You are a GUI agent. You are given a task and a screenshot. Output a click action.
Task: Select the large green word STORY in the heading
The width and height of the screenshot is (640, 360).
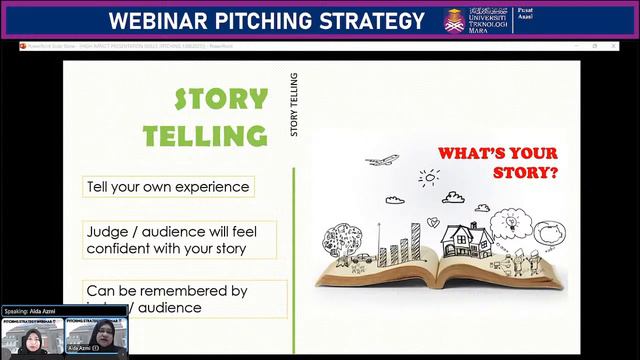point(221,100)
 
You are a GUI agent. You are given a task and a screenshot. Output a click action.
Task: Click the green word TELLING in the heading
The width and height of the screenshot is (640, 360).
point(205,135)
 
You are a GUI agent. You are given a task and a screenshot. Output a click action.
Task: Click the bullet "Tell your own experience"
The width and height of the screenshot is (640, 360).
point(167,187)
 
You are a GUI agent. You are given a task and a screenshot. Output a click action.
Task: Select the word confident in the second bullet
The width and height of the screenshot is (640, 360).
point(122,247)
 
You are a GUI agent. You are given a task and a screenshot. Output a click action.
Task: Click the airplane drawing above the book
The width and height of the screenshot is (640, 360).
point(381,160)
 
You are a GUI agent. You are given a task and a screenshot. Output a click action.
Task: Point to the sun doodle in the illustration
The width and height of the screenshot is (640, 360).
point(429,178)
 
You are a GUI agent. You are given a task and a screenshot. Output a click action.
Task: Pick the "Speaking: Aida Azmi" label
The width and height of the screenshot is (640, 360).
point(34,312)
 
